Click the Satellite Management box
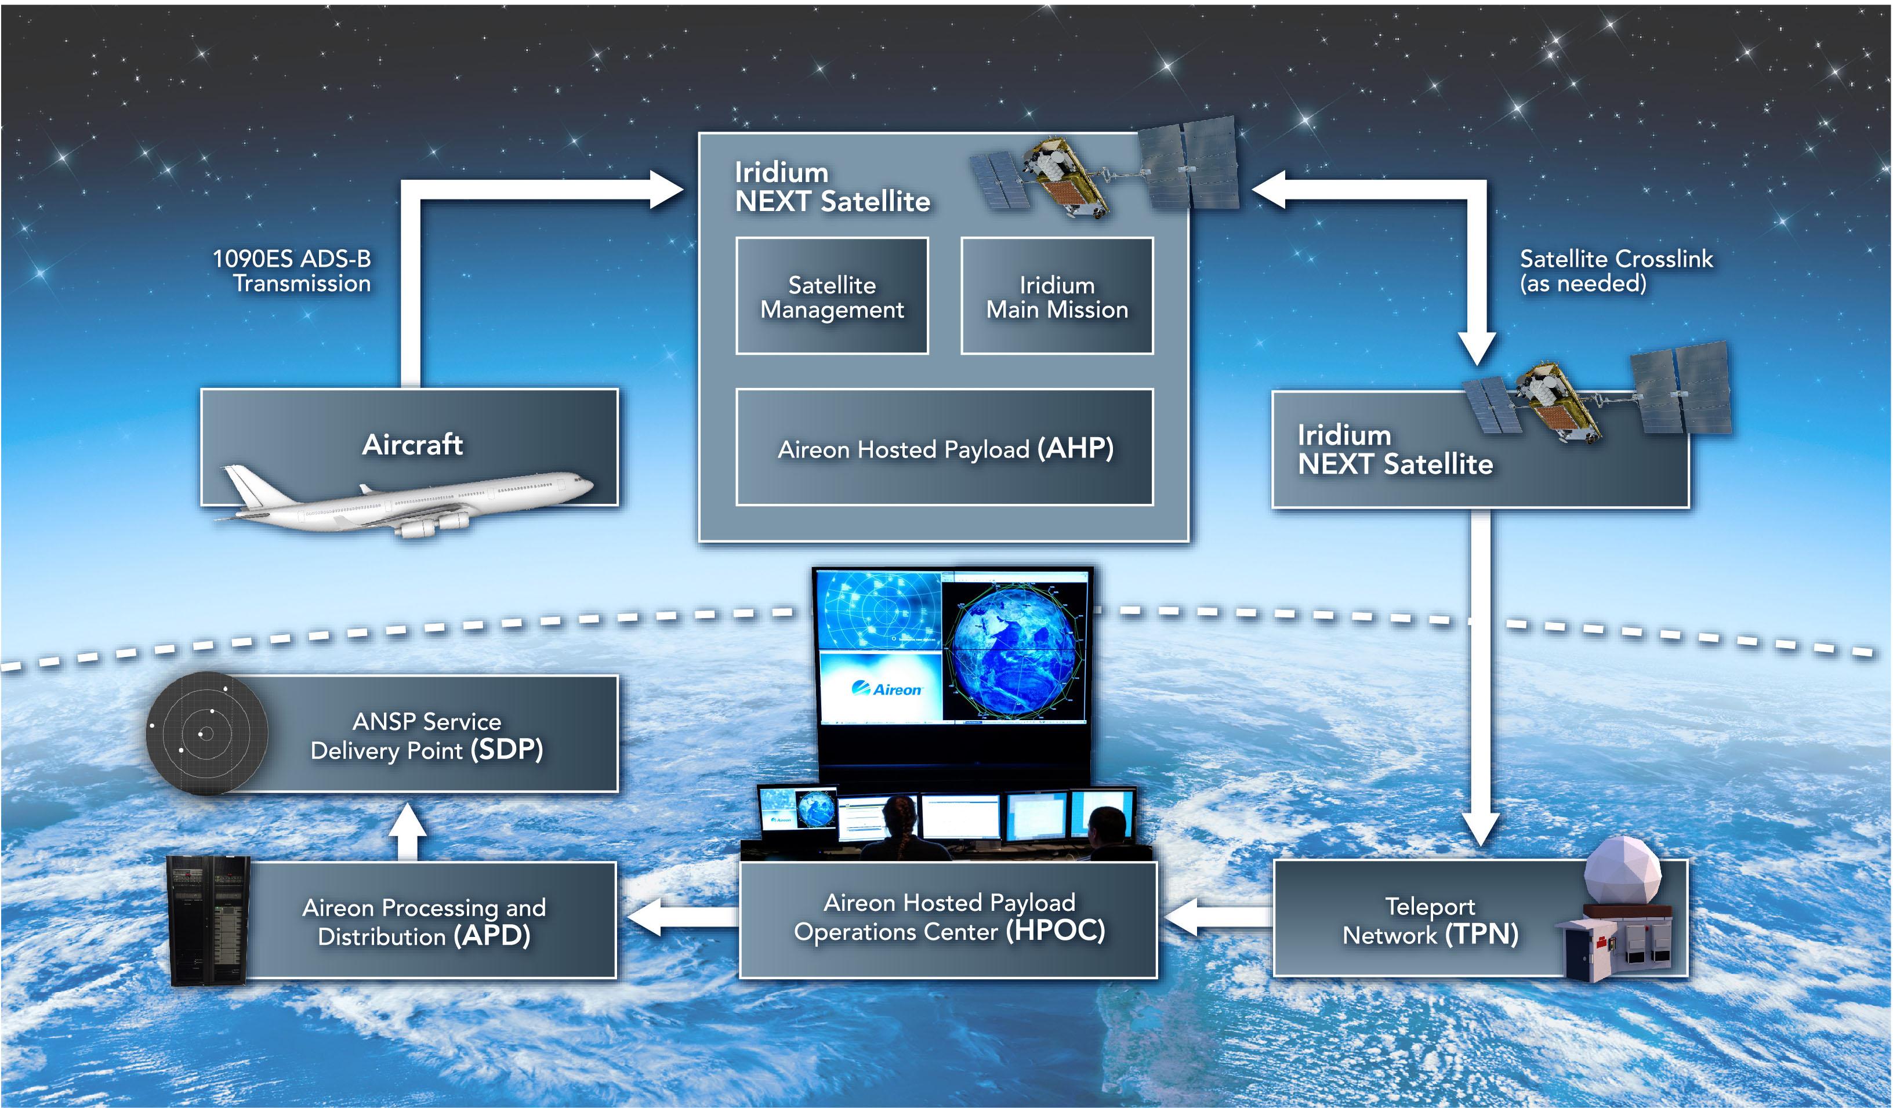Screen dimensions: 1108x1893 832,296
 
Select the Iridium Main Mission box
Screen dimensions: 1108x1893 1056,296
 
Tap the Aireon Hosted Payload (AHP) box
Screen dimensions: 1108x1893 944,448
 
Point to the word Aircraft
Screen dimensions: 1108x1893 412,444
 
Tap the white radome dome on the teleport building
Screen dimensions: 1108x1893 1623,871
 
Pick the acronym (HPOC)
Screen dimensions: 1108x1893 1056,930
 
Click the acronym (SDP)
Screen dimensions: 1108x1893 506,749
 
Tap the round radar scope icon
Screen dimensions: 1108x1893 206,733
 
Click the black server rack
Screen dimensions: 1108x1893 208,920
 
